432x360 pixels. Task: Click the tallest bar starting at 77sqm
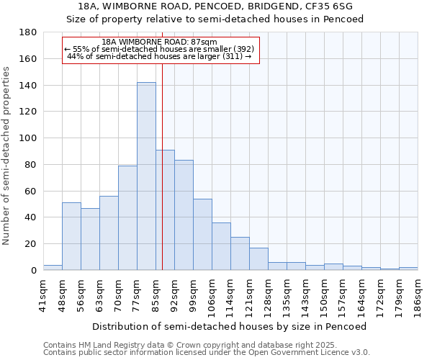(146, 176)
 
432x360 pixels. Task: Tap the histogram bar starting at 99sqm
(202, 234)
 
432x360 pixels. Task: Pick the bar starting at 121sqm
(258, 258)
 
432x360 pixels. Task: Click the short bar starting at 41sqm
(53, 268)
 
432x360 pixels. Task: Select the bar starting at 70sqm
(127, 218)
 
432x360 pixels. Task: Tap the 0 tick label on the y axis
(33, 271)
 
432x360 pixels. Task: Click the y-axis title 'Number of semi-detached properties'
(7, 156)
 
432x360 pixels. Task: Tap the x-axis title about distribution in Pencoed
(230, 326)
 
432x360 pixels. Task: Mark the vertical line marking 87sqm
(162, 180)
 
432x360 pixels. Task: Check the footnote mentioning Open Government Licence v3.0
(207, 352)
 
